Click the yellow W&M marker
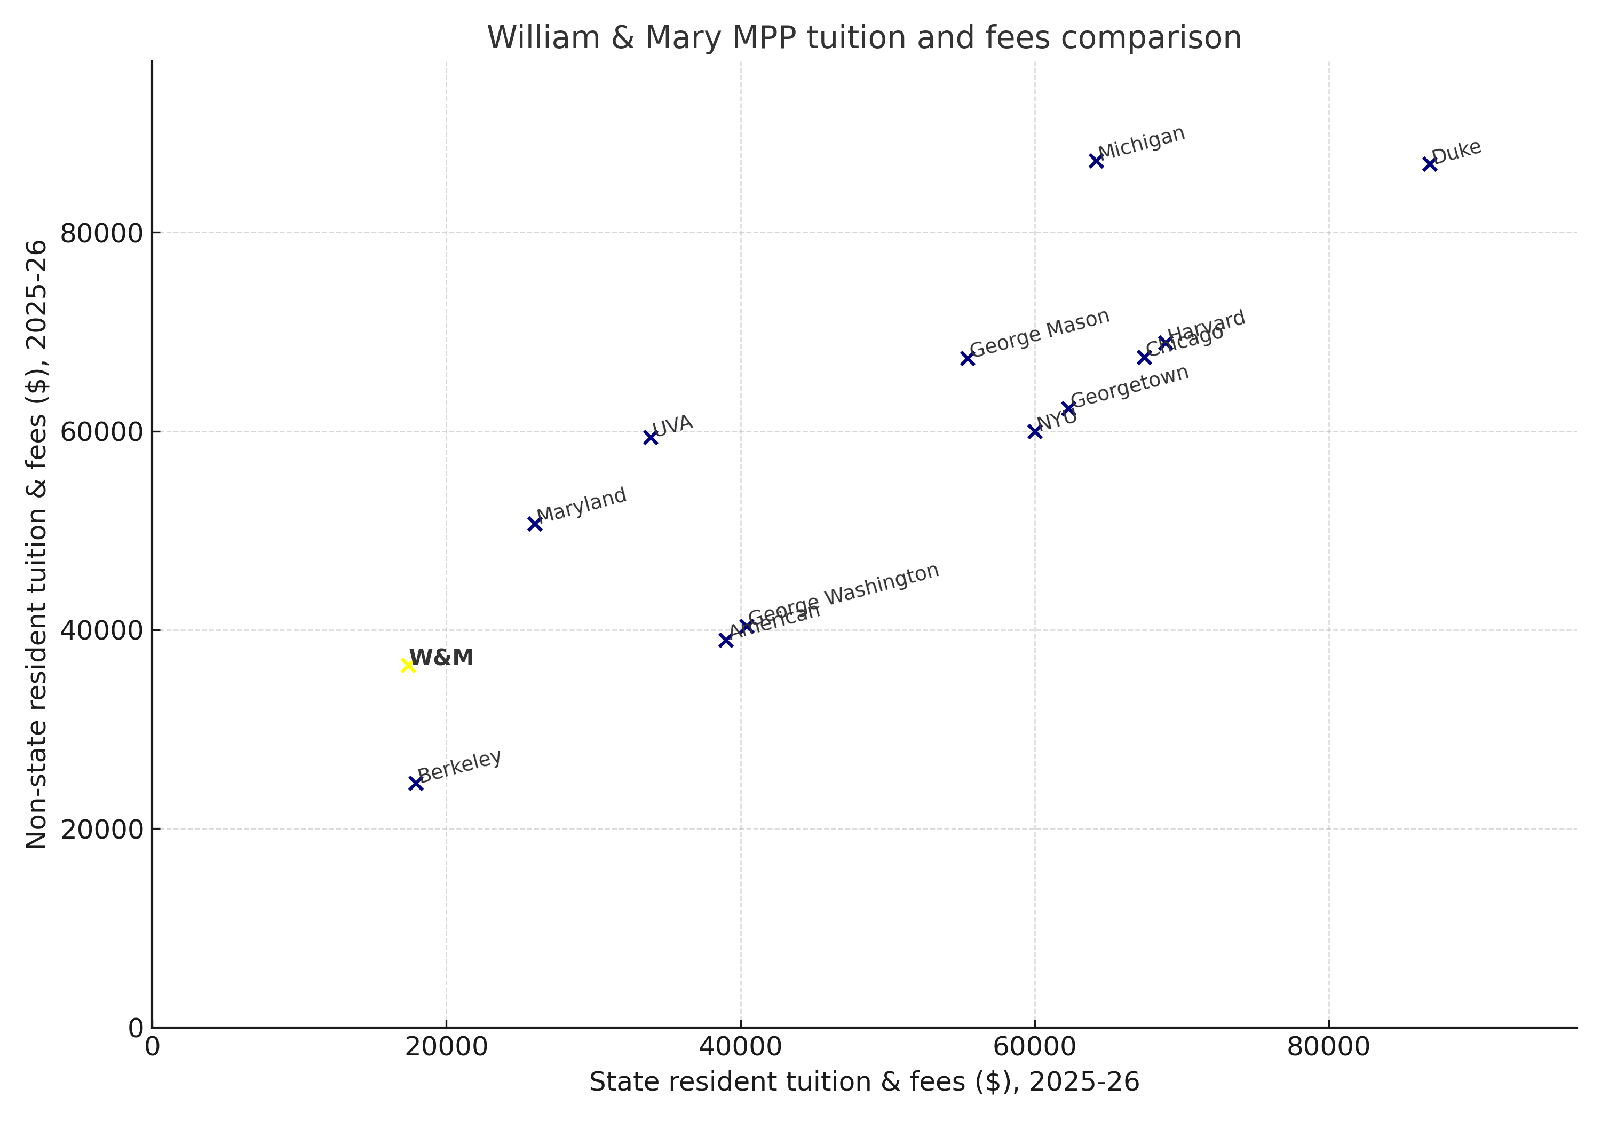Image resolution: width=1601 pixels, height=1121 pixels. pyautogui.click(x=408, y=666)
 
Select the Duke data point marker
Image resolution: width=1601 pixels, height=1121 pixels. pyautogui.click(x=1430, y=164)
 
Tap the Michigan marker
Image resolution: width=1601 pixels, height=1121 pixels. pyautogui.click(x=1096, y=161)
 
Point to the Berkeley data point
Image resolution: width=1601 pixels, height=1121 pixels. pyautogui.click(x=416, y=784)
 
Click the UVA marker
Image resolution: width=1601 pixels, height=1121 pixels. pyautogui.click(x=651, y=437)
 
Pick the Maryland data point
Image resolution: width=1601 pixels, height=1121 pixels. pyautogui.click(x=535, y=524)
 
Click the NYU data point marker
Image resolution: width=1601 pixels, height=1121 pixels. pyautogui.click(x=1035, y=432)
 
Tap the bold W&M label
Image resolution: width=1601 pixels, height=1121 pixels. pyautogui.click(x=441, y=658)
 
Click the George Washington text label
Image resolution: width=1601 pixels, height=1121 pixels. pyautogui.click(x=844, y=594)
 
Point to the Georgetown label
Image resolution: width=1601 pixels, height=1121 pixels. pyautogui.click(x=1130, y=386)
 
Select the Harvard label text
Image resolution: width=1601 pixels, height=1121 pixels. pyautogui.click(x=1206, y=325)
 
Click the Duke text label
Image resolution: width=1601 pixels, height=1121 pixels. pyautogui.click(x=1457, y=152)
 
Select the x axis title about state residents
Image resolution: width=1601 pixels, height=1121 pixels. pyautogui.click(x=864, y=1082)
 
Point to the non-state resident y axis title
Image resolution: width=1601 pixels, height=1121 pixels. pyautogui.click(x=36, y=544)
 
